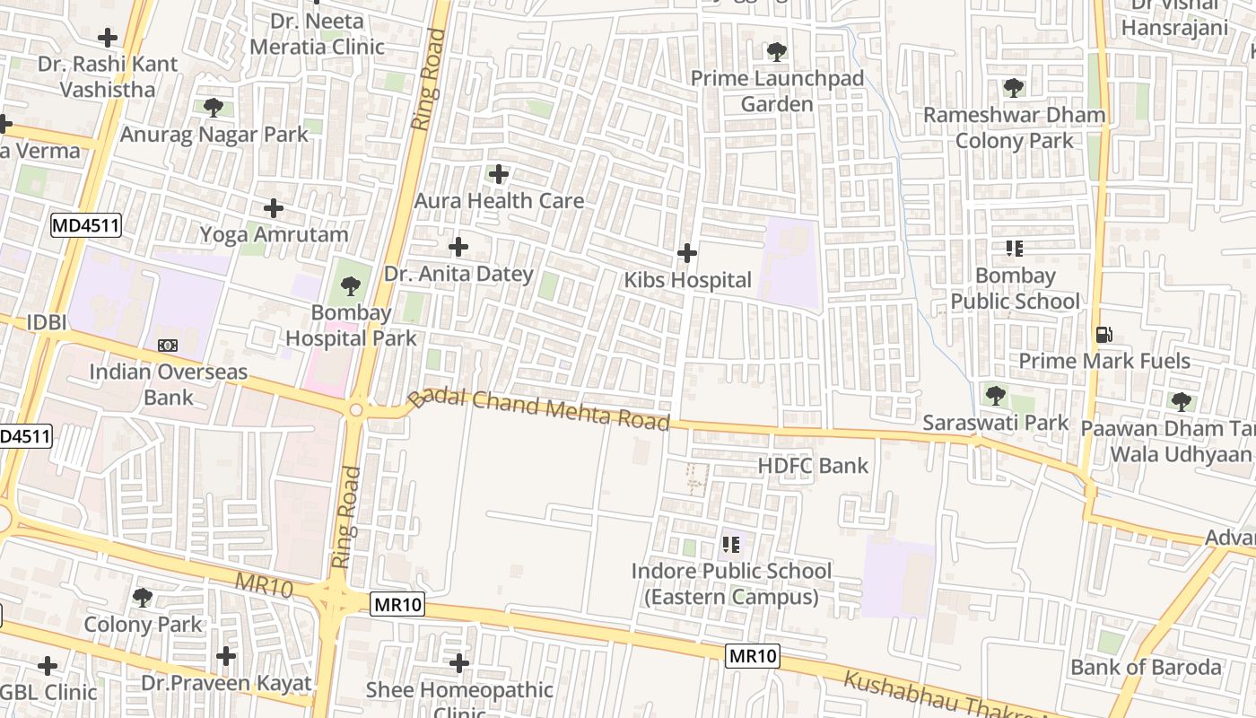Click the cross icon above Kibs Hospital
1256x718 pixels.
pos(687,253)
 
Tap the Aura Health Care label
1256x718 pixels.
pos(499,201)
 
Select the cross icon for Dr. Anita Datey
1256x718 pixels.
pos(458,247)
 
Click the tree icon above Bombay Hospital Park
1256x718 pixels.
pos(350,287)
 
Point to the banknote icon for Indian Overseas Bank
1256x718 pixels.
pos(168,346)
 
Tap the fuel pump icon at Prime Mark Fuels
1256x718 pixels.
pos(1104,335)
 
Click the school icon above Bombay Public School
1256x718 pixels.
pos(1015,249)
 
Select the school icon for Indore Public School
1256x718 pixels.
pos(731,545)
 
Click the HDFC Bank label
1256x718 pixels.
pos(813,466)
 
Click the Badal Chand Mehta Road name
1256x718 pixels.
pos(539,408)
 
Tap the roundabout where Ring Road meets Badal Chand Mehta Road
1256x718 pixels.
pos(356,410)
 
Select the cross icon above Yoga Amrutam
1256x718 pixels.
pos(274,209)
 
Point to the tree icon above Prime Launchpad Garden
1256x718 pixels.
pos(777,52)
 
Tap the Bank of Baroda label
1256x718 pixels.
pos(1146,667)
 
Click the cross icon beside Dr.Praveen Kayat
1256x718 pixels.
pos(226,657)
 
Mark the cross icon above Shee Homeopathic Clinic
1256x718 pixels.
pos(459,664)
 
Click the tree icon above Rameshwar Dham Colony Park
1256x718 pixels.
pos(1014,88)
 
